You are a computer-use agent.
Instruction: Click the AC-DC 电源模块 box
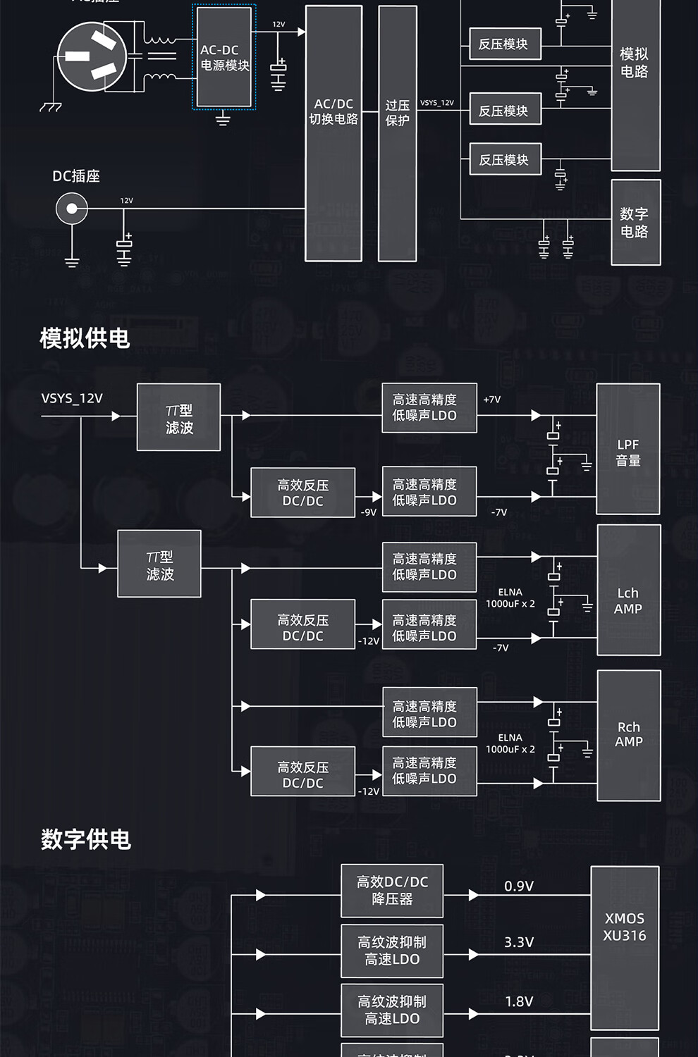coord(224,58)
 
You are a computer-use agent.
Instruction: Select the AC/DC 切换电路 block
coord(333,134)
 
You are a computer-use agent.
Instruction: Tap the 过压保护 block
coord(398,134)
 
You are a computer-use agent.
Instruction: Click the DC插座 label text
coord(76,176)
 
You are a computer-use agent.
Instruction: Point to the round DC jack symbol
coord(72,209)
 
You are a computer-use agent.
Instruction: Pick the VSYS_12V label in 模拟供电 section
coord(72,398)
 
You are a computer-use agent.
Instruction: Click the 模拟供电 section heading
coord(85,338)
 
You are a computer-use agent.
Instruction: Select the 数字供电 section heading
coord(86,839)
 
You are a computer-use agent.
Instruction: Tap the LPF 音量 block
coord(628,450)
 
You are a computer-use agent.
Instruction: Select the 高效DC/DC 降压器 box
coord(392,891)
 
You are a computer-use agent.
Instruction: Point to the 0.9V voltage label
coord(519,886)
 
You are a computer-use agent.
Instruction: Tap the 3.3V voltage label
coord(519,942)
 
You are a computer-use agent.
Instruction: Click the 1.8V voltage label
coord(519,1001)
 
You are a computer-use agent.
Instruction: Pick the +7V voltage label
coord(492,400)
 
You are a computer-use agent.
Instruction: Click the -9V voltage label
coord(369,512)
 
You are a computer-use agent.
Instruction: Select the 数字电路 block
coord(635,223)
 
